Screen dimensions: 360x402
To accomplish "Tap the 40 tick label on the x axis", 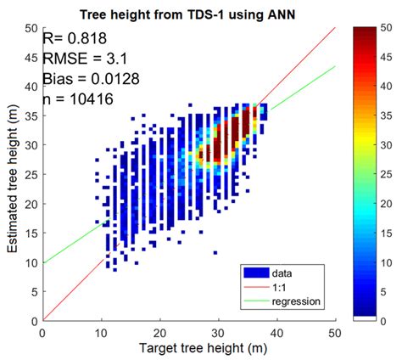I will pyautogui.click(x=276, y=332).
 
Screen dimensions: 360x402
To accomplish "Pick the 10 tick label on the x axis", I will pyautogui.click(x=101, y=332).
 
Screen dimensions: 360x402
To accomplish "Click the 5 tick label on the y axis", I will pyautogui.click(x=32, y=292).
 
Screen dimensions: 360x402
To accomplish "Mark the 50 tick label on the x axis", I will pyautogui.click(x=335, y=332).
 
